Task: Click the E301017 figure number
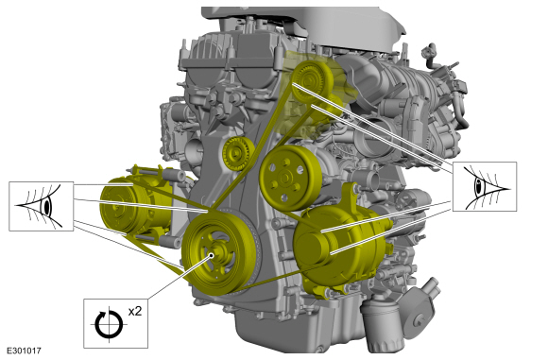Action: click(25, 351)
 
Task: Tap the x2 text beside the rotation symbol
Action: click(135, 311)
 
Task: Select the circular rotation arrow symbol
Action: click(109, 324)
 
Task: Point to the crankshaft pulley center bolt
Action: click(212, 255)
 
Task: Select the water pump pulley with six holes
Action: click(290, 178)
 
